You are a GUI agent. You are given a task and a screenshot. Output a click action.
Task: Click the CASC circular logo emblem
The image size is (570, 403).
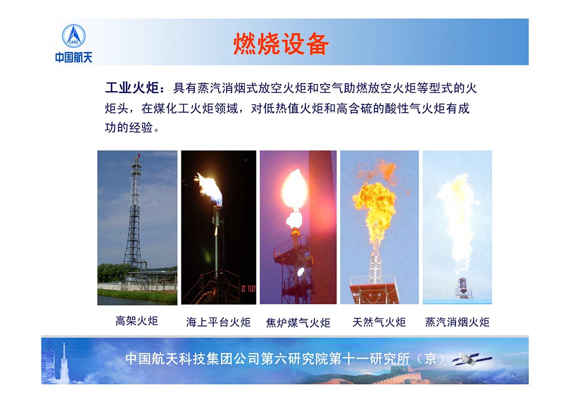tap(74, 36)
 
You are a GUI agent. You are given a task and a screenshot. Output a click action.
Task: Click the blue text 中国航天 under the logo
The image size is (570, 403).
tap(74, 58)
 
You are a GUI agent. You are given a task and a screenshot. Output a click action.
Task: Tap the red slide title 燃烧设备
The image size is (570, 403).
tap(281, 44)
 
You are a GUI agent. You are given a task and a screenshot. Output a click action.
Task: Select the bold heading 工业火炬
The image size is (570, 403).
tap(132, 88)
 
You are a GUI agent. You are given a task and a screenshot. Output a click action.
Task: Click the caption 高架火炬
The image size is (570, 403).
tap(137, 321)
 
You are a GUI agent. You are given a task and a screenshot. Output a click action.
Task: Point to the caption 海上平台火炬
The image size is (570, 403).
tap(218, 322)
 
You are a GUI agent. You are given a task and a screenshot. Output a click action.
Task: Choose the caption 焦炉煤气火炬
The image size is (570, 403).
tap(298, 323)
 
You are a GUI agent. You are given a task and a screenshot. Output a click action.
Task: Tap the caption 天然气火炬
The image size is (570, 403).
tap(379, 322)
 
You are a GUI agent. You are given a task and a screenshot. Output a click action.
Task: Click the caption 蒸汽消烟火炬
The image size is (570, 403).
tap(457, 322)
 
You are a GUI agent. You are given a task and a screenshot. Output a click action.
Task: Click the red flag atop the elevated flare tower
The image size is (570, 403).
tap(139, 155)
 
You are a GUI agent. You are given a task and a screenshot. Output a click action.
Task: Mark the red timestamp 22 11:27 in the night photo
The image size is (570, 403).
tap(248, 288)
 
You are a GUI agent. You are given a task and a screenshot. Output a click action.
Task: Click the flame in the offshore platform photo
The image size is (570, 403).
tap(209, 188)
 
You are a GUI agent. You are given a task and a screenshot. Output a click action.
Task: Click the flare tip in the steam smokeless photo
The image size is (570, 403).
tap(462, 287)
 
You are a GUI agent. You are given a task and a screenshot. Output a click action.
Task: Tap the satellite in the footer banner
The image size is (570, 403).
tap(472, 359)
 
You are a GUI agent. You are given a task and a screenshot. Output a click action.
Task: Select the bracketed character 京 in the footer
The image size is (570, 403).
tap(430, 359)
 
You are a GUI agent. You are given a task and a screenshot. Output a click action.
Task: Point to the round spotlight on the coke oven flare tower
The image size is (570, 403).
tap(301, 272)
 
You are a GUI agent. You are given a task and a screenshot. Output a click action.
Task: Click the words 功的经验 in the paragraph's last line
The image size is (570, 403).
tap(129, 127)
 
